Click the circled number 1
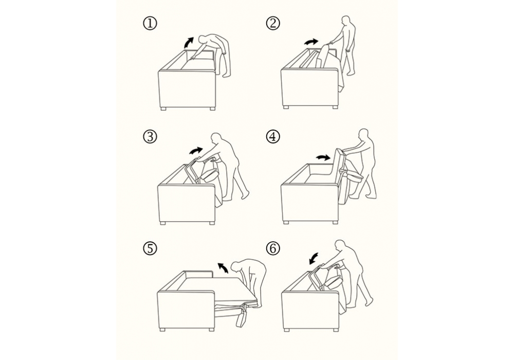click(150, 24)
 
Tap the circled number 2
click(273, 24)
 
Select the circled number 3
click(150, 136)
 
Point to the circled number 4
click(273, 136)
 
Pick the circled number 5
click(150, 248)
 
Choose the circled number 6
click(273, 248)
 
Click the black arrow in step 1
click(189, 42)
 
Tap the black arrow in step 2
click(311, 42)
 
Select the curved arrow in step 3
click(196, 151)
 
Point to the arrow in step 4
click(323, 158)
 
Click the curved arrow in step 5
click(223, 267)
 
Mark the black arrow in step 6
click(315, 258)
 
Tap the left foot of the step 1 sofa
click(164, 108)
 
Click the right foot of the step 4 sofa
click(335, 222)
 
